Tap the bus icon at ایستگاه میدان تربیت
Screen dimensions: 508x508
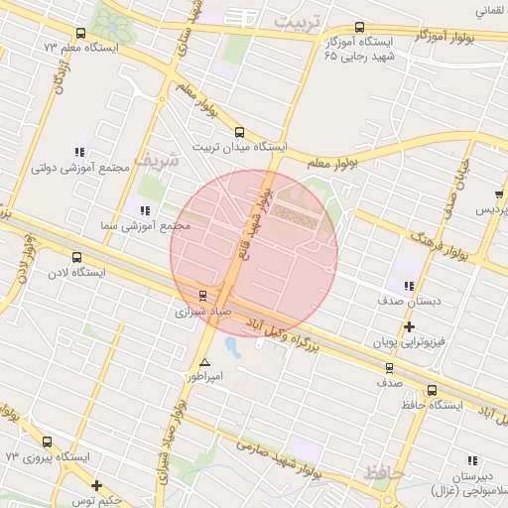238,132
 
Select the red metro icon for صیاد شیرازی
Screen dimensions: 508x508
202,295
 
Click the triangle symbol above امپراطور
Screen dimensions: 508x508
204,362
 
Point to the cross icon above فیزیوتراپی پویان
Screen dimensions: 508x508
408,326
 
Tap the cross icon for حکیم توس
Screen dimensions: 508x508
96,485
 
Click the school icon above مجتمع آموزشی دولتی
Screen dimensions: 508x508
78,152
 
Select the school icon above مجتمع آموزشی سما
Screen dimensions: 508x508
145,210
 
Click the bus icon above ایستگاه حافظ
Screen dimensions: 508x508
432,390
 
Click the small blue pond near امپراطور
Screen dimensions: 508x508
233,347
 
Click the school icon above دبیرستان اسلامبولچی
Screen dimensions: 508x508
472,460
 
